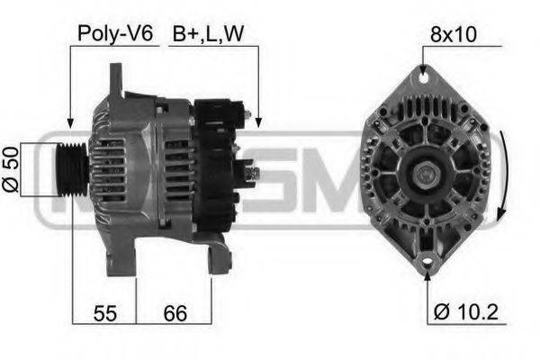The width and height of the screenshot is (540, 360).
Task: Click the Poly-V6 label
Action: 115,34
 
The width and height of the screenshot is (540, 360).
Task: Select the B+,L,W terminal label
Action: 209,34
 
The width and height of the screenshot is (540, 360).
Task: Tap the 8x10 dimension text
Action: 454,34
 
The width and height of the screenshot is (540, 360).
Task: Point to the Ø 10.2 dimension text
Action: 465,312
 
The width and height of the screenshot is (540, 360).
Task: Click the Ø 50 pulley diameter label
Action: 11,169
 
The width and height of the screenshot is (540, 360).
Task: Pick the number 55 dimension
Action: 104,313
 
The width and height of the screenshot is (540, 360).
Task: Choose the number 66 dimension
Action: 175,313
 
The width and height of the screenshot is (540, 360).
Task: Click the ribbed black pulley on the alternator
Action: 72,169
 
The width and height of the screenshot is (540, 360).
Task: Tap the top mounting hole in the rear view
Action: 424,77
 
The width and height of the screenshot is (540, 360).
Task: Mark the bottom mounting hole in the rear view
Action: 427,261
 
